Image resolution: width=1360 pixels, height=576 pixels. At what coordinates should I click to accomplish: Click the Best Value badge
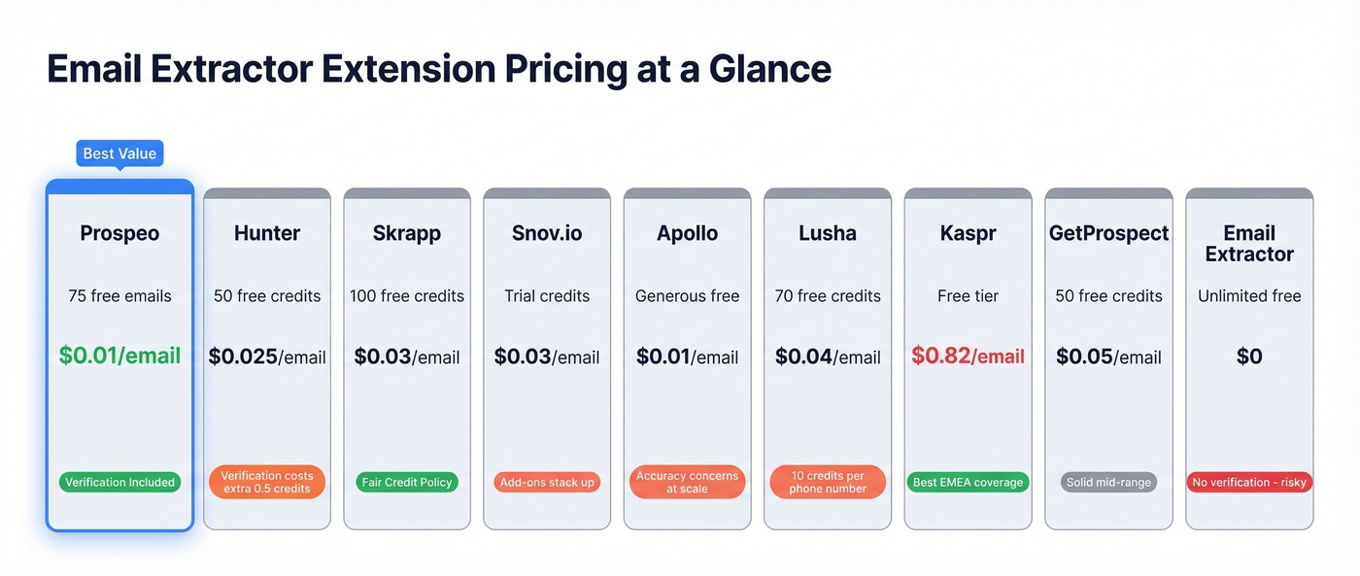pos(119,153)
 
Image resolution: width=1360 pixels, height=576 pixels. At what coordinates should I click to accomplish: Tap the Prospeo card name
pos(119,233)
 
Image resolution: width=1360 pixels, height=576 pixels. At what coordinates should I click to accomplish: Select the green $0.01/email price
pos(119,356)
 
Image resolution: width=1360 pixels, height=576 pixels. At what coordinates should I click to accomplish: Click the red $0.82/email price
pos(968,356)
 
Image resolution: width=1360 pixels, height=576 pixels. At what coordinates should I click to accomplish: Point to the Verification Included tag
pos(119,482)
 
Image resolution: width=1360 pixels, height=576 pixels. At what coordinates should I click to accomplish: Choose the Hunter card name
pos(267,233)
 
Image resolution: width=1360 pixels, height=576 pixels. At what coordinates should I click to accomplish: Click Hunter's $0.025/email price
pos(267,356)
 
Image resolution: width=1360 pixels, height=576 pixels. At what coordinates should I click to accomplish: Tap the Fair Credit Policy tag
pos(407,482)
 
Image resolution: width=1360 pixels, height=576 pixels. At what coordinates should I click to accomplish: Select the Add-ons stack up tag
pos(547,482)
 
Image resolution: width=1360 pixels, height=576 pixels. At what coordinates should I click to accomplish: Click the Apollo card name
pos(687,233)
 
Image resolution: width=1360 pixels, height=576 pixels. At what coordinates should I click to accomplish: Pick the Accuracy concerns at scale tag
pos(687,482)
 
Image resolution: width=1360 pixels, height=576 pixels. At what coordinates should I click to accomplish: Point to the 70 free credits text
pos(828,295)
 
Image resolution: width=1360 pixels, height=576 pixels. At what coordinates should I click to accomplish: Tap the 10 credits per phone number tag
pos(828,482)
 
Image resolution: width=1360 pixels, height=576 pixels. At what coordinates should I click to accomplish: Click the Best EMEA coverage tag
pos(968,482)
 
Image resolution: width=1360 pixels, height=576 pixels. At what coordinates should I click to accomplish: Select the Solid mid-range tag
pos(1108,482)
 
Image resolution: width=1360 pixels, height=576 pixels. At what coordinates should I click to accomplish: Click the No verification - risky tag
pos(1249,482)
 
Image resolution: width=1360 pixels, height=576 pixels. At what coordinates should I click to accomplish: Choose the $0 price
pos(1249,356)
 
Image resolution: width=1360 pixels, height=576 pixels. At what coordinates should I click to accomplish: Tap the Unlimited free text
pos(1249,295)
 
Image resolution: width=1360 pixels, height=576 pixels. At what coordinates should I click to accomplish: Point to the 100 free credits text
pos(407,295)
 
